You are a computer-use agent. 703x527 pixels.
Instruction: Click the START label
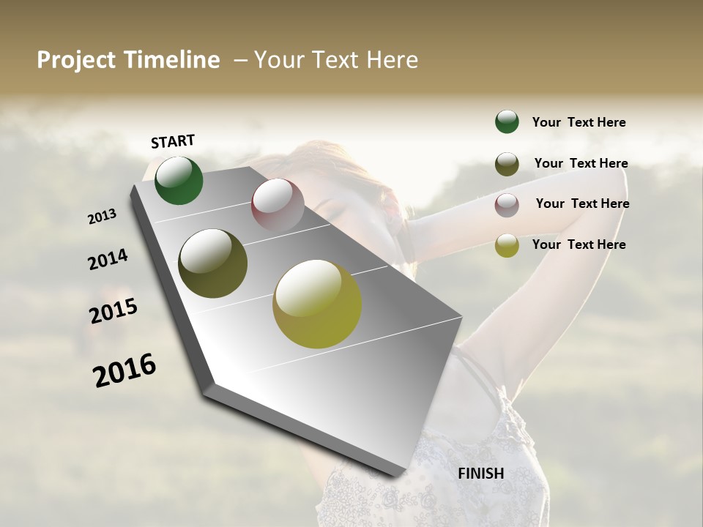173,141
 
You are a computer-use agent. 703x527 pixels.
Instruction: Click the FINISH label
481,474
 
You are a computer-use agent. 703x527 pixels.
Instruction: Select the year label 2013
103,217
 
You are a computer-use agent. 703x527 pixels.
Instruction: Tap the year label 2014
108,259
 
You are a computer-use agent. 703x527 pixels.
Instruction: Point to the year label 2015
114,311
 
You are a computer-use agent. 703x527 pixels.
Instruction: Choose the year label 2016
124,370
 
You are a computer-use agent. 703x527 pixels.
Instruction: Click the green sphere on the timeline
179,181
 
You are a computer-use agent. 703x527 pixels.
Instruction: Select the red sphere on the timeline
278,206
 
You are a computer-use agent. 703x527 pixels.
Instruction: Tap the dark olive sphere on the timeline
213,263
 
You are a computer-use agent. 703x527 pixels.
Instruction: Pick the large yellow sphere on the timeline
317,304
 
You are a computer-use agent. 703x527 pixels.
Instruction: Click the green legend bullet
507,122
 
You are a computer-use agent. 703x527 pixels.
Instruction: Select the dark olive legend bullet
507,164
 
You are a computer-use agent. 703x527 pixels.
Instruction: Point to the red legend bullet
507,205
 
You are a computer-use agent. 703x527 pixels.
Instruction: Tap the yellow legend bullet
507,245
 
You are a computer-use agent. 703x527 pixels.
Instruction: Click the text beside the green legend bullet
579,122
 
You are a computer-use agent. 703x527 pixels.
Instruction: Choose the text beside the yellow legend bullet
579,244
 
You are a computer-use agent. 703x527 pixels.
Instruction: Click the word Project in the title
75,60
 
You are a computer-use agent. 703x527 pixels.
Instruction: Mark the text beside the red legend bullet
582,203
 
